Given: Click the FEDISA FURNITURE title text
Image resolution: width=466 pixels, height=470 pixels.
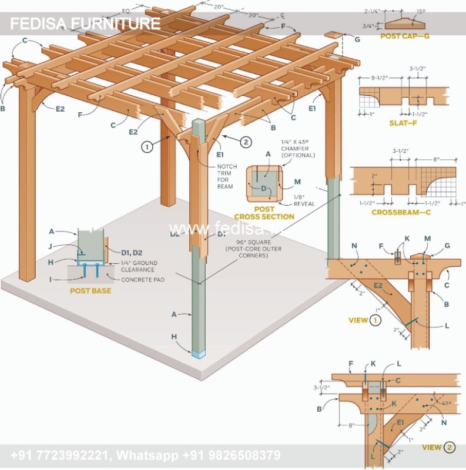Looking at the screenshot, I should (85, 24).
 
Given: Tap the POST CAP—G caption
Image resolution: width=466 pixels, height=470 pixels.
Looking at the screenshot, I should (405, 36).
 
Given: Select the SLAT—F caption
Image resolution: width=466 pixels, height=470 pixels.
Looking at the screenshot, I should (403, 123).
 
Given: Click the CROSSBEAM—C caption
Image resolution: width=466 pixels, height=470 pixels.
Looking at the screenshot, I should (401, 211).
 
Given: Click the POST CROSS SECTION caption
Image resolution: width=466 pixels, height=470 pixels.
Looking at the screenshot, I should (265, 213).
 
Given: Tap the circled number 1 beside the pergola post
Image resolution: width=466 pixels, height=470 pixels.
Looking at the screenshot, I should (146, 147).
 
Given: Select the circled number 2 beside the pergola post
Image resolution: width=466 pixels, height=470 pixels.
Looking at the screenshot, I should (246, 141).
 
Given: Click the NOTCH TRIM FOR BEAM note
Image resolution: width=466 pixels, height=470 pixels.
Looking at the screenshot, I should (227, 176).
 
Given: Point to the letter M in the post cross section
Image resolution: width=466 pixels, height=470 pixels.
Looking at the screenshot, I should (297, 182).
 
